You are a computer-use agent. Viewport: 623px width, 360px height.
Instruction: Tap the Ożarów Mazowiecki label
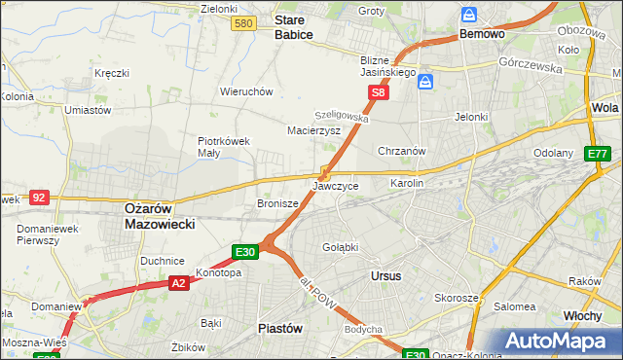160,216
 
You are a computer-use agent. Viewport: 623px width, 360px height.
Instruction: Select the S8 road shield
379,93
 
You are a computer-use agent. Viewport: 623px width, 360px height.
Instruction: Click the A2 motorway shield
178,283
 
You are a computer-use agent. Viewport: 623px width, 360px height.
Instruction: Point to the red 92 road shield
39,197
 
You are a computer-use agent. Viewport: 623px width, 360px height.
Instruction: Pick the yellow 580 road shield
244,22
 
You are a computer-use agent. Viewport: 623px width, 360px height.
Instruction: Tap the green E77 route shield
597,154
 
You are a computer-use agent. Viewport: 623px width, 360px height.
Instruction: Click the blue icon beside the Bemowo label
469,16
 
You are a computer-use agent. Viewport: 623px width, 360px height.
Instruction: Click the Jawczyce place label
336,185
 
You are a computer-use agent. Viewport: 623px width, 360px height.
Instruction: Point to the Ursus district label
386,276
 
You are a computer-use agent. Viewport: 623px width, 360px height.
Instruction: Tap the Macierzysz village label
313,129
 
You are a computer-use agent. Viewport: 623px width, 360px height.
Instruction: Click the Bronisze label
276,204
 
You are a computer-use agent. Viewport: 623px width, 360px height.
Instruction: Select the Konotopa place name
218,273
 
